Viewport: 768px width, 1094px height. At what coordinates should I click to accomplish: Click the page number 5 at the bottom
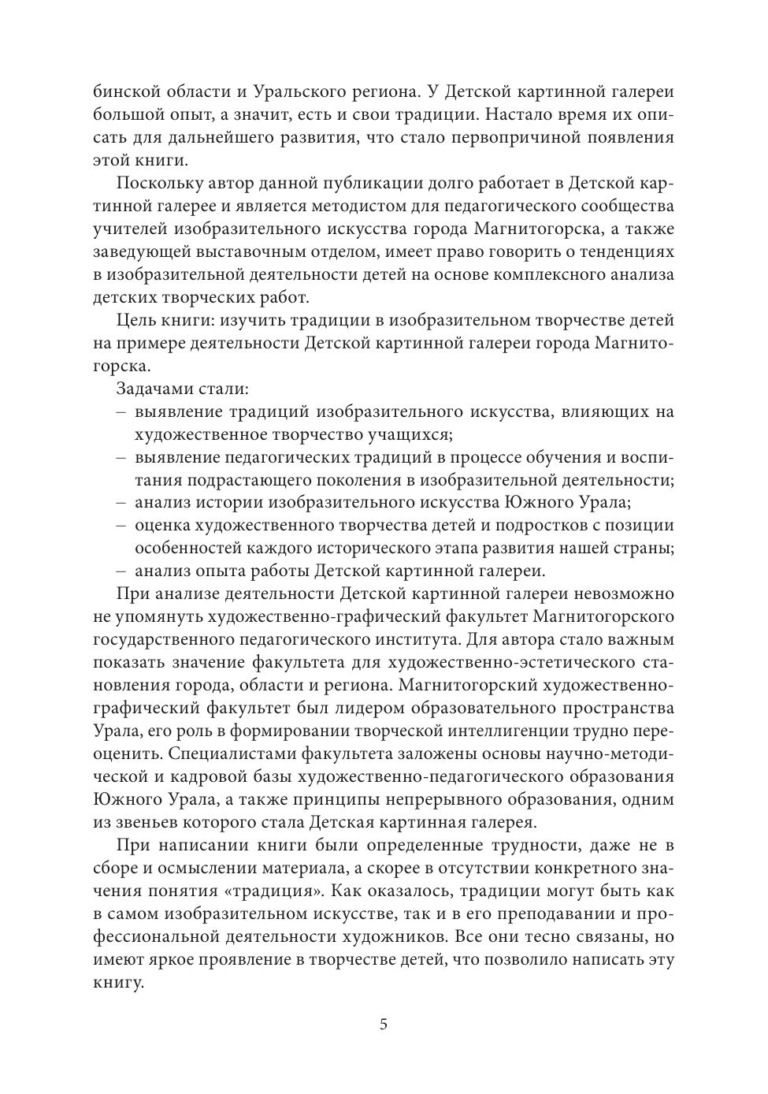click(384, 1025)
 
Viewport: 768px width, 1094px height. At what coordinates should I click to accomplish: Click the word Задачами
click(156, 389)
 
